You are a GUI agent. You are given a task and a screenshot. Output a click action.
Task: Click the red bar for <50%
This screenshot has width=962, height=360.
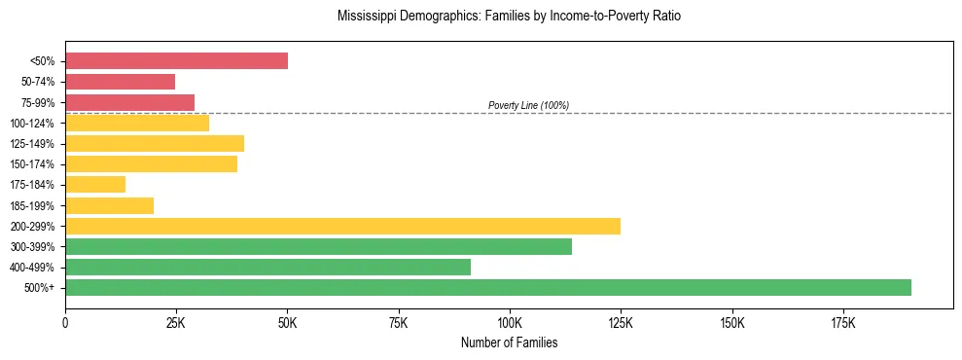click(176, 61)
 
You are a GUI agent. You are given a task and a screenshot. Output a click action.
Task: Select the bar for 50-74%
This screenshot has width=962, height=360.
click(120, 82)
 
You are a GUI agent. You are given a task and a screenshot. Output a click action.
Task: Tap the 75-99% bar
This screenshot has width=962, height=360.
click(129, 102)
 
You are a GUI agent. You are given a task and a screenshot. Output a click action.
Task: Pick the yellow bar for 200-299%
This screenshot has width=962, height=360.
click(342, 226)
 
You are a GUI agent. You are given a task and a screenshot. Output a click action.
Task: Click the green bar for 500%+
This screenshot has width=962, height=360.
click(488, 287)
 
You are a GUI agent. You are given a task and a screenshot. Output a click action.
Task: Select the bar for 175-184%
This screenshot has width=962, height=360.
click(95, 184)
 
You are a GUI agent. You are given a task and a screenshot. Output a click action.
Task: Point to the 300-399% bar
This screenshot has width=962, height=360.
click(318, 246)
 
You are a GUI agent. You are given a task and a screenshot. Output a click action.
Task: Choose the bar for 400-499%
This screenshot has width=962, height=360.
click(267, 267)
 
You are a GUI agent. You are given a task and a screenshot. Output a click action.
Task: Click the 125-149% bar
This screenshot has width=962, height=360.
click(155, 143)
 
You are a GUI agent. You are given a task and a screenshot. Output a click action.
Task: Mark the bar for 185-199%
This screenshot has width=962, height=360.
click(109, 205)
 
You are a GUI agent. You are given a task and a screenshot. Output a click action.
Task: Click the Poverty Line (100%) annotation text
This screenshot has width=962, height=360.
click(528, 105)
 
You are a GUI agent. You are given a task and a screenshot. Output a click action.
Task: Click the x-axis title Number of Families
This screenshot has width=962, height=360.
click(509, 342)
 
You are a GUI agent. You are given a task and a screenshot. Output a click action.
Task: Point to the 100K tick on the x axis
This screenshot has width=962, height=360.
click(510, 323)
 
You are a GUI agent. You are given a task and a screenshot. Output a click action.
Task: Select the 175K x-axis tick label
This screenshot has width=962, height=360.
click(842, 323)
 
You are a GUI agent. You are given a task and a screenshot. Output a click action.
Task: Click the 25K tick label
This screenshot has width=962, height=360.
click(176, 323)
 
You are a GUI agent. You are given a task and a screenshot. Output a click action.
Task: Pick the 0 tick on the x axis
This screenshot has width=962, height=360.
click(65, 323)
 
